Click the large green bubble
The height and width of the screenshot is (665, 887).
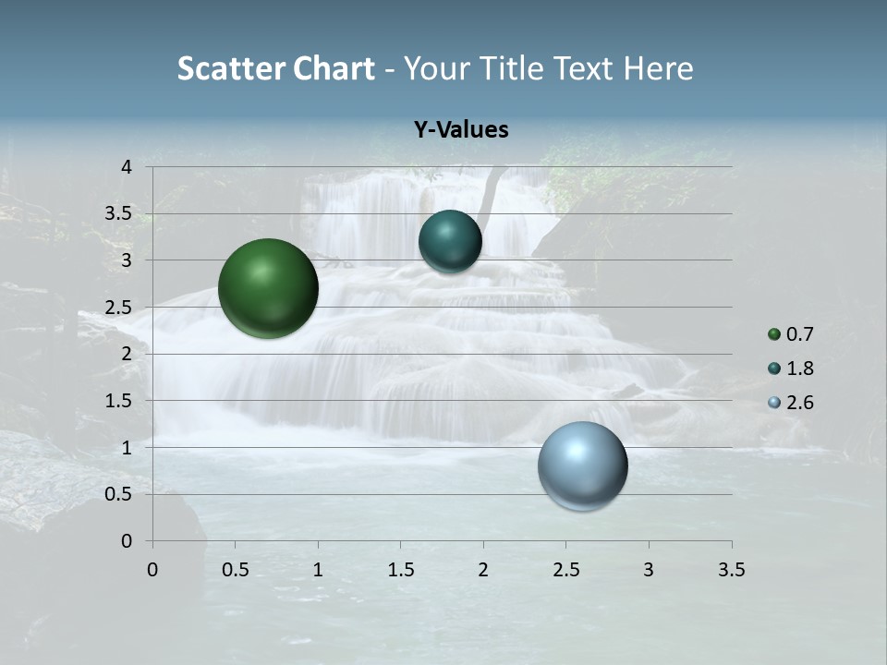click(x=269, y=288)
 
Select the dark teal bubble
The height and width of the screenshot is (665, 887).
click(x=450, y=241)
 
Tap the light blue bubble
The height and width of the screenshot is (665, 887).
click(x=583, y=465)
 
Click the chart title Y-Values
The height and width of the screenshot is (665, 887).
click(x=461, y=130)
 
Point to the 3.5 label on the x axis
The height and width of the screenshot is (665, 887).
click(x=731, y=569)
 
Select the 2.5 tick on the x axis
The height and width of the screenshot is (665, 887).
click(x=566, y=569)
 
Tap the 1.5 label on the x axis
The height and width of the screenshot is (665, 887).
click(x=401, y=569)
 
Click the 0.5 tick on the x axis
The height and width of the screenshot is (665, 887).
click(x=236, y=569)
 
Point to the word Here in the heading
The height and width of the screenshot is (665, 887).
click(x=658, y=68)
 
